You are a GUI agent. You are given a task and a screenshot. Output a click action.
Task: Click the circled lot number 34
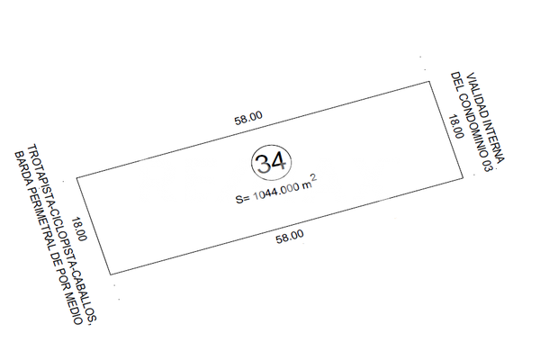(x=272, y=163)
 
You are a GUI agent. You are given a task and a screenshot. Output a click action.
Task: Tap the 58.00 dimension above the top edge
(x=248, y=118)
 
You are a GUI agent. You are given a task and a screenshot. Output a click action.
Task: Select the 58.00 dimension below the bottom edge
(x=290, y=237)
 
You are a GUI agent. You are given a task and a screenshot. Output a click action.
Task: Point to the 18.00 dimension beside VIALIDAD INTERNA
(x=455, y=126)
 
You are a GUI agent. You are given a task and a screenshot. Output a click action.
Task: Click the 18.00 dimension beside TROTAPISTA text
(x=79, y=229)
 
